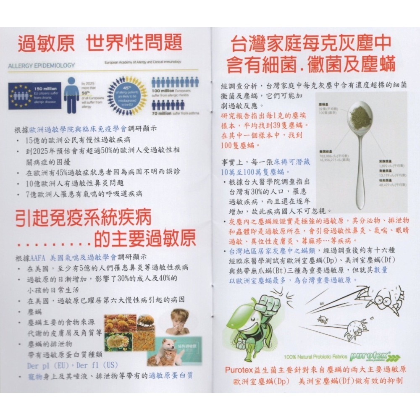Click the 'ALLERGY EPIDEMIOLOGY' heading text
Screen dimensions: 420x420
[41, 66]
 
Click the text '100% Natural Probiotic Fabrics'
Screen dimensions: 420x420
[315, 357]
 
